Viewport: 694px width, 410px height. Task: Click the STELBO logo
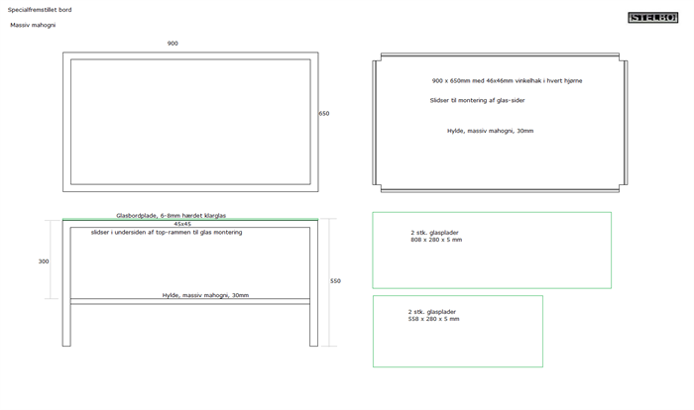click(x=652, y=17)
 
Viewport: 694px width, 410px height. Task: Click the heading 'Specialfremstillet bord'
click(x=40, y=10)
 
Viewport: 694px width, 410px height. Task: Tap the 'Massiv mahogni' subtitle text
click(x=33, y=25)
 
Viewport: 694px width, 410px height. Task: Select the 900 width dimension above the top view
click(x=173, y=44)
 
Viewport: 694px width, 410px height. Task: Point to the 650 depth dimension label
click(x=324, y=113)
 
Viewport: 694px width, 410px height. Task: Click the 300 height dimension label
click(x=44, y=261)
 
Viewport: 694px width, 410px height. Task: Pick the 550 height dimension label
click(x=335, y=281)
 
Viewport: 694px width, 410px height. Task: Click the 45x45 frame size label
click(x=182, y=224)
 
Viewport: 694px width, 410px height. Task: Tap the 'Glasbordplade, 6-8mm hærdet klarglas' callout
click(x=171, y=215)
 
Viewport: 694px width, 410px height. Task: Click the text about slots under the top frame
click(x=167, y=232)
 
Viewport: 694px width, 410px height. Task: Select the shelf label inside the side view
click(x=205, y=295)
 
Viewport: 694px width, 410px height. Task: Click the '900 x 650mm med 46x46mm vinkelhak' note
click(x=507, y=80)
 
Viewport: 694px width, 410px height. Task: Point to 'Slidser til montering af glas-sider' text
click(x=477, y=100)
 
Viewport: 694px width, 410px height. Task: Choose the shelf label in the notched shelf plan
click(x=490, y=131)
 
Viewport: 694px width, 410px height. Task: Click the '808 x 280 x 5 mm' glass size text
click(x=436, y=240)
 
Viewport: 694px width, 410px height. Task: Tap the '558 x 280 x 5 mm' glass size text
click(x=434, y=319)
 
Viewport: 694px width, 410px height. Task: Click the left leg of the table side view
click(x=66, y=283)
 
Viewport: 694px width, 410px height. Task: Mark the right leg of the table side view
click(x=314, y=283)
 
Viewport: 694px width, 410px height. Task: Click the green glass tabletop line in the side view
click(x=190, y=220)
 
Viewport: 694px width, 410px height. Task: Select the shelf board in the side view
click(x=190, y=301)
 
